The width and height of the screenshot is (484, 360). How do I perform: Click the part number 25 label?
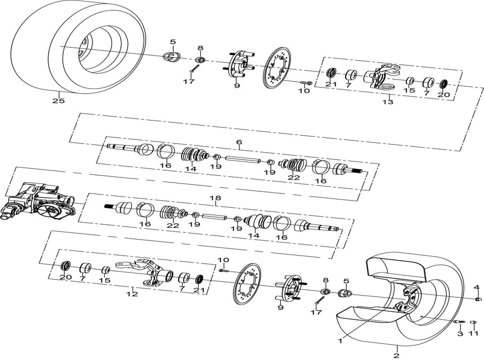click(59, 101)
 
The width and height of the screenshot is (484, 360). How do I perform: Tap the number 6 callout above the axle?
click(238, 142)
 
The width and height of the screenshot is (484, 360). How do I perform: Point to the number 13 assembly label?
click(387, 102)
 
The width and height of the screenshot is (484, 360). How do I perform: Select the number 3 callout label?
click(460, 334)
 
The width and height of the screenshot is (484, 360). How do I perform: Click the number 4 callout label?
click(476, 287)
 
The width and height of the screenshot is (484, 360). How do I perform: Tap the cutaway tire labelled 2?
click(406, 303)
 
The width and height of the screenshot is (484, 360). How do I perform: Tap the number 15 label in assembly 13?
click(409, 91)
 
